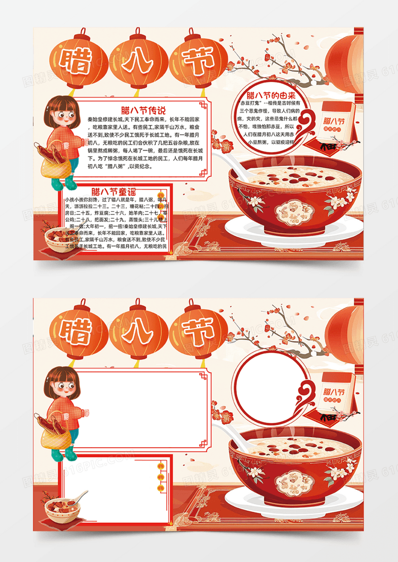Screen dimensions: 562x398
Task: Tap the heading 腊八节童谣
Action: (114, 190)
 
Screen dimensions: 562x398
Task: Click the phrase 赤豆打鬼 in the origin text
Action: (251, 102)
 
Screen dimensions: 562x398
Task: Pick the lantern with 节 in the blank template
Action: (199, 329)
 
